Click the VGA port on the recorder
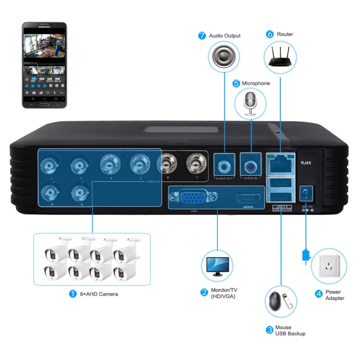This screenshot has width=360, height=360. (192, 197)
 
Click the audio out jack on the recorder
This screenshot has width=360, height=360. (224, 165)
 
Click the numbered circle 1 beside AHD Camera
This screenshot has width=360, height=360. (73, 293)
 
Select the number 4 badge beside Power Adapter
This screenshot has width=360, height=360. (318, 293)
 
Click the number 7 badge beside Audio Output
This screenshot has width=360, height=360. (202, 36)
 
